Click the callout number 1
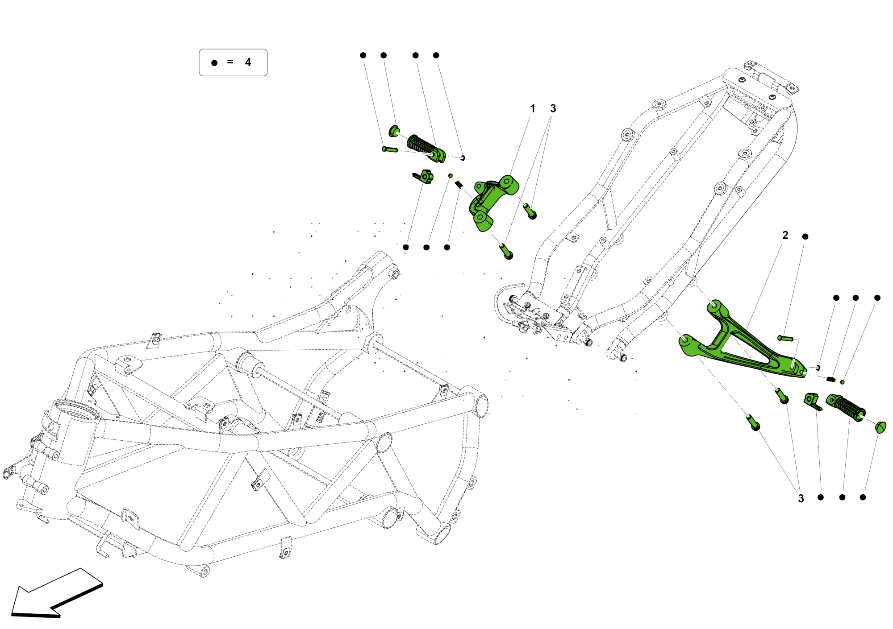(532, 108)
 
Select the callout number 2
(785, 235)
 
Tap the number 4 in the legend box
(248, 62)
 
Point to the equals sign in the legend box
(230, 62)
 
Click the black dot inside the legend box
(214, 63)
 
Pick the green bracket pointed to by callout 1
(491, 201)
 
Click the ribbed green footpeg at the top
(424, 147)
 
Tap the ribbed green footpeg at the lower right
(846, 407)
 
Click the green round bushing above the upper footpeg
(394, 131)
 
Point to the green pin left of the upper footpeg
(390, 149)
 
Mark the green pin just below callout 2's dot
(785, 339)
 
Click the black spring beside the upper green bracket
(459, 184)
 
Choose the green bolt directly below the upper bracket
(506, 251)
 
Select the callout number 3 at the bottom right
(801, 498)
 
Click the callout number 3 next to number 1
(553, 108)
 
